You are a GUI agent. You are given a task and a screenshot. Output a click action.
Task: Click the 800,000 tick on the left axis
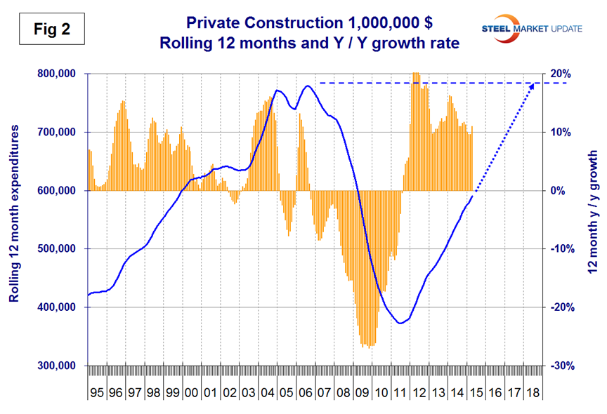(x=58, y=74)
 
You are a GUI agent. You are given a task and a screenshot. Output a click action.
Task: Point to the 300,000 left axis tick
(x=58, y=366)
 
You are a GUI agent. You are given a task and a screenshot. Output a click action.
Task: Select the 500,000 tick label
(x=58, y=249)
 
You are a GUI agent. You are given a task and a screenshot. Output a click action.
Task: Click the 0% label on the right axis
(x=557, y=191)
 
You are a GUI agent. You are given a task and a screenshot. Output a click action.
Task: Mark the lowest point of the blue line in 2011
(x=400, y=323)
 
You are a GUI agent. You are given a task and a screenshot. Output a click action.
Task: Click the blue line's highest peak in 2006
(x=308, y=86)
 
